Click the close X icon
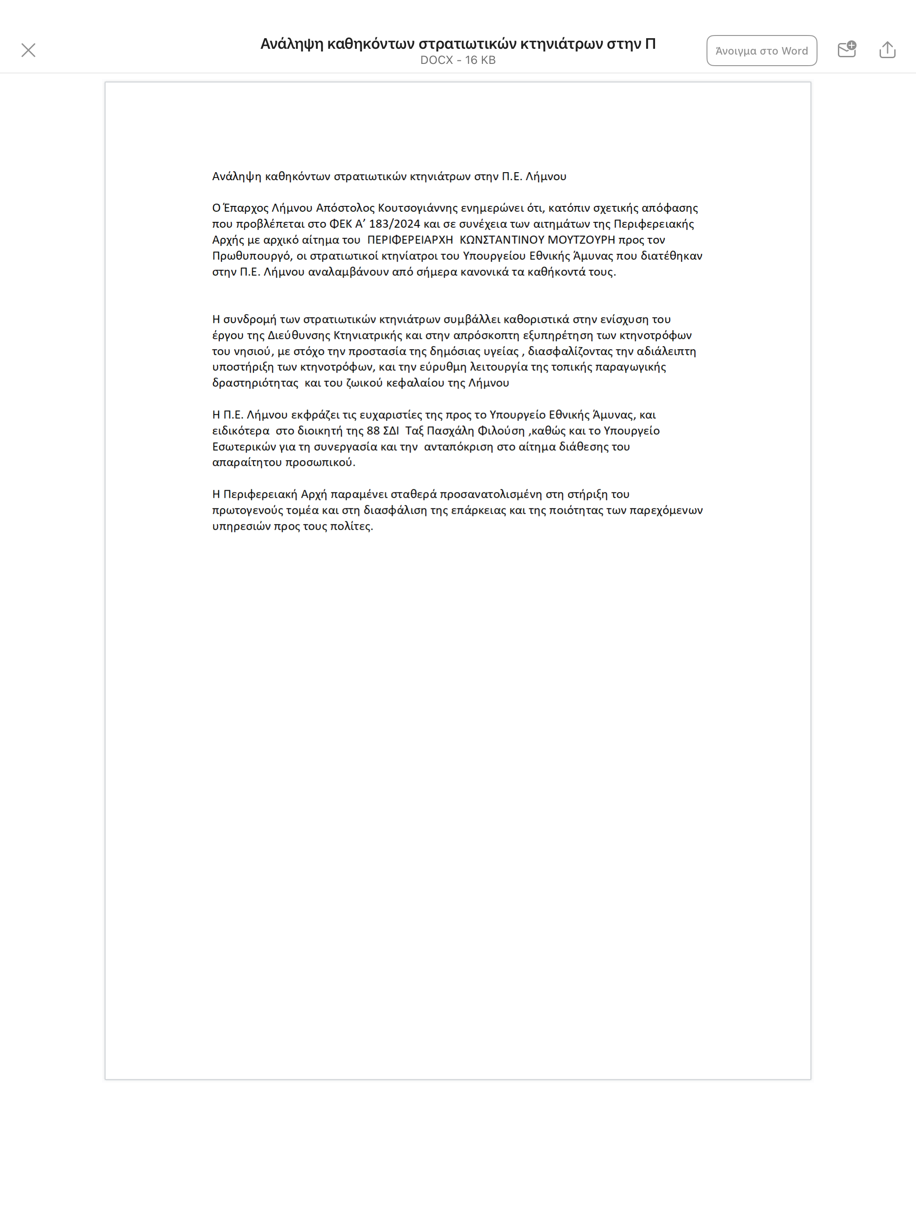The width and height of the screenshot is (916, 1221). pos(28,50)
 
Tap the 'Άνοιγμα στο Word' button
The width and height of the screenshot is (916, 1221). pos(762,51)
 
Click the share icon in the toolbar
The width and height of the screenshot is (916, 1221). pos(887,50)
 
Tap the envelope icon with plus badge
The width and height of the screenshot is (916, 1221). pos(846,50)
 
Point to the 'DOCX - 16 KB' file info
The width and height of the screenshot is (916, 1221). pos(458,60)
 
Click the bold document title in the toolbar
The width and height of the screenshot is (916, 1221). pos(458,43)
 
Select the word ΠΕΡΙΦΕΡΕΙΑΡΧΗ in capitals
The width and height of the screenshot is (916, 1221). pos(410,240)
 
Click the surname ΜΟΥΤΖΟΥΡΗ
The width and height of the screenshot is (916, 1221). pos(581,240)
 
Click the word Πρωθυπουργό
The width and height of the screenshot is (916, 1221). pos(251,256)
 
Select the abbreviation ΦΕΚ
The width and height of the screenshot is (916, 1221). pos(340,224)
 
